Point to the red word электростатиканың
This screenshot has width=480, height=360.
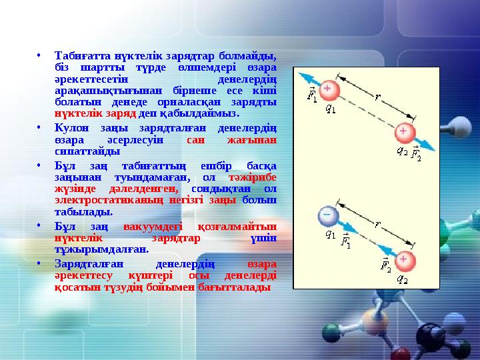tap(97, 200)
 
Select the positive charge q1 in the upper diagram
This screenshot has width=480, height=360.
tap(329, 89)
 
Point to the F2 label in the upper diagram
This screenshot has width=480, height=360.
tap(415, 155)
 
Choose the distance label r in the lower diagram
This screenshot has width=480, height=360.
tap(377, 225)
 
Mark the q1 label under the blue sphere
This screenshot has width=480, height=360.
tap(329, 234)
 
